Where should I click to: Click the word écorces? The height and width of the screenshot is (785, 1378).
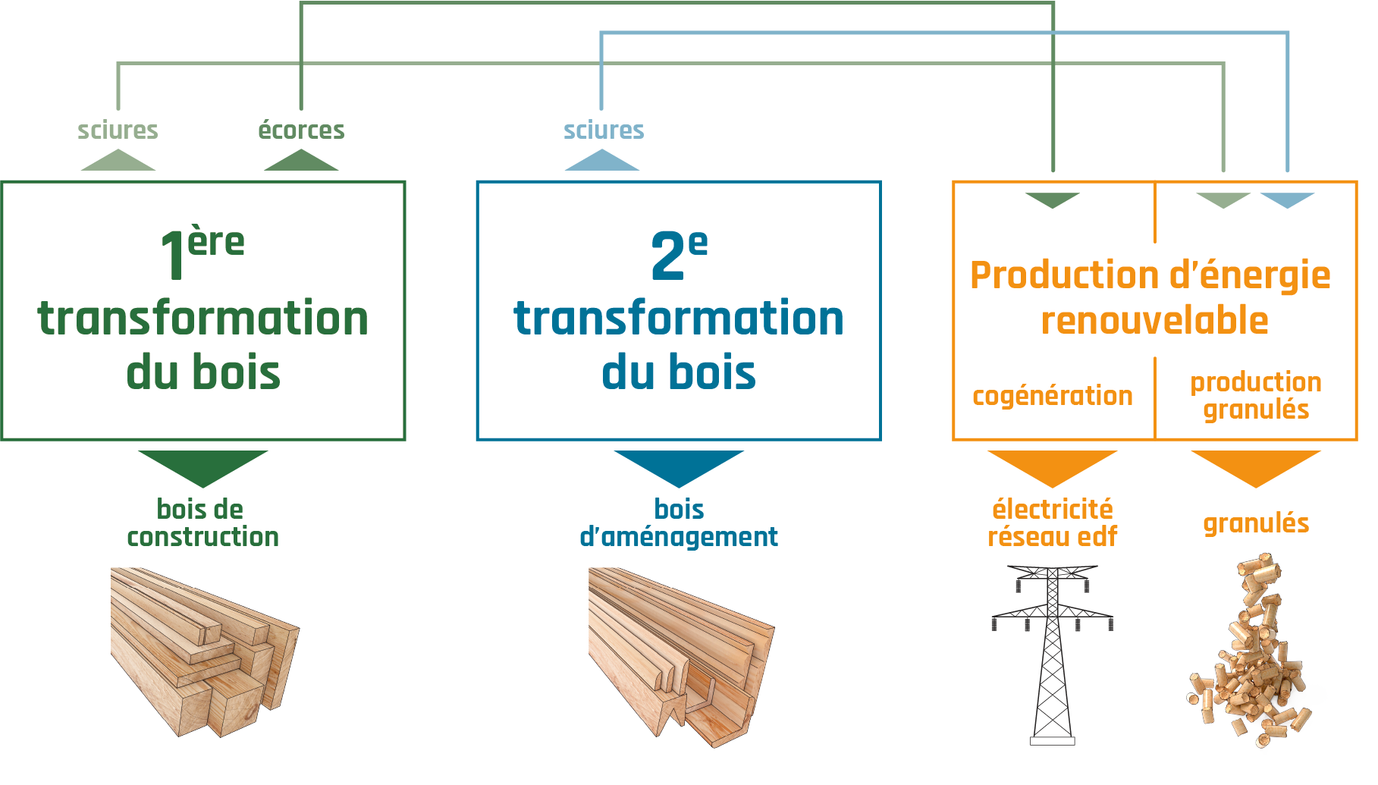(301, 130)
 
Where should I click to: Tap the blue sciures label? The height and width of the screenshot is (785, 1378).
(604, 130)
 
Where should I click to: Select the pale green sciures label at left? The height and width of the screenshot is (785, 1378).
(118, 130)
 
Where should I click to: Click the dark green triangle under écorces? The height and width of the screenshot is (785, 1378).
(301, 161)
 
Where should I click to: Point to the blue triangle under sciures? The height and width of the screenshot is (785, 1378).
(602, 161)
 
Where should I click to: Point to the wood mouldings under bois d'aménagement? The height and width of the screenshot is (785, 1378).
(680, 656)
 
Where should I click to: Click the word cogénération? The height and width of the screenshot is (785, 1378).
(1053, 396)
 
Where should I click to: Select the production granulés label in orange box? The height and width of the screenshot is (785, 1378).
(1256, 396)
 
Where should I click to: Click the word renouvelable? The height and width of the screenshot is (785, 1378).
(1154, 321)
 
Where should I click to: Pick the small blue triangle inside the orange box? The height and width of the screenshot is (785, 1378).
(1287, 199)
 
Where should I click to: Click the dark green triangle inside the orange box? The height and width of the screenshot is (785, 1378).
(1052, 199)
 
